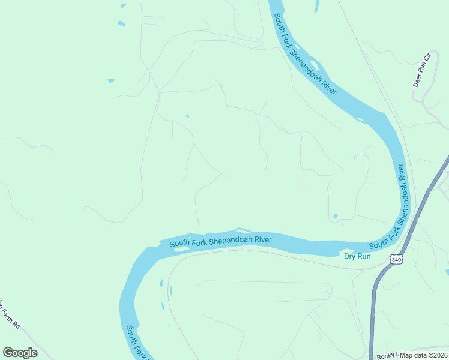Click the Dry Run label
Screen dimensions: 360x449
pyautogui.click(x=357, y=256)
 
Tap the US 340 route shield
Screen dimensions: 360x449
pyautogui.click(x=395, y=259)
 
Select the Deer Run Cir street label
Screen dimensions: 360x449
pyautogui.click(x=423, y=70)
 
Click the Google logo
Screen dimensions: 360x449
pyautogui.click(x=20, y=353)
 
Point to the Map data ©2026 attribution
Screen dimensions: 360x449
pyautogui.click(x=424, y=355)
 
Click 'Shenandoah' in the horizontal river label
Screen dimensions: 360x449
pyautogui.click(x=229, y=241)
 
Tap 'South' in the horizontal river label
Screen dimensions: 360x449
pyautogui.click(x=179, y=243)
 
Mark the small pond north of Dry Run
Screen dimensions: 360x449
pyautogui.click(x=335, y=216)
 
